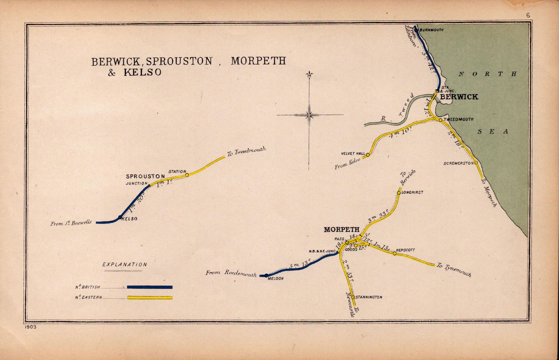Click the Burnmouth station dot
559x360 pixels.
416,30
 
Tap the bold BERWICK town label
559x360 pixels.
459,97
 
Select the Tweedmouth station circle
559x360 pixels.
440,120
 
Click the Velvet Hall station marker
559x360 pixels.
368,154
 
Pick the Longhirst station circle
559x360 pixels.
399,193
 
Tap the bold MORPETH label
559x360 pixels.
341,230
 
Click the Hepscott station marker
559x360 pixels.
394,253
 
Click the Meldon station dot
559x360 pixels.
266,275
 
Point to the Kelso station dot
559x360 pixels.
120,217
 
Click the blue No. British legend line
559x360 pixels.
150,287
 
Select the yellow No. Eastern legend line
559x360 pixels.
150,297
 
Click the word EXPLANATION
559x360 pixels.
125,265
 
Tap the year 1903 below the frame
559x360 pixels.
30,327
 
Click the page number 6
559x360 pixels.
528,15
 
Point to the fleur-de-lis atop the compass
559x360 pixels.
309,75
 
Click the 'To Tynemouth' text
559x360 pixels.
453,270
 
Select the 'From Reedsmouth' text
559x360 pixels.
231,273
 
